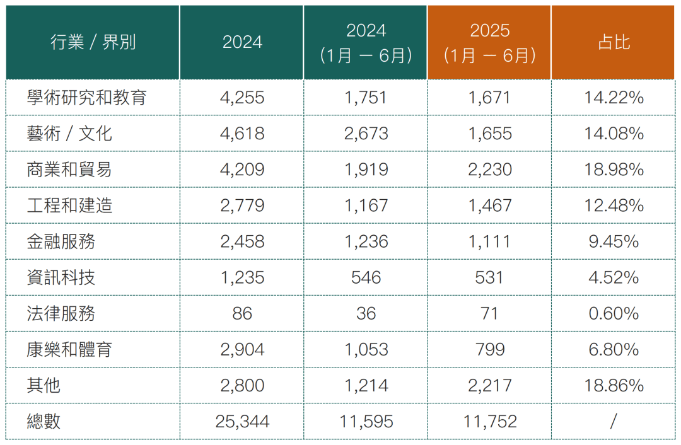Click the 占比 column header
(x=614, y=42)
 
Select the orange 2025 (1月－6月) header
(x=489, y=43)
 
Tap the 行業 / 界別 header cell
(x=93, y=42)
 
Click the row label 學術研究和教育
(x=86, y=97)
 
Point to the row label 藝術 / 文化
(x=69, y=133)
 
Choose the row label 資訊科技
(x=61, y=277)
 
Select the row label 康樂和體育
(x=69, y=349)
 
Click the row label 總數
(x=44, y=421)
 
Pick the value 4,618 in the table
(x=242, y=133)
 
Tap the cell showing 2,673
(x=366, y=133)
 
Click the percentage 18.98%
(x=614, y=170)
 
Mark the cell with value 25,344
(x=242, y=422)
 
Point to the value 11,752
(x=490, y=422)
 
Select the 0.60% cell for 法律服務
(x=614, y=313)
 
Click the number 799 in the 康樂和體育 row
(x=490, y=349)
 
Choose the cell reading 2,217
(x=490, y=386)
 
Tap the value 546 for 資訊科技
(x=366, y=277)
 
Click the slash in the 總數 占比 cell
(x=614, y=421)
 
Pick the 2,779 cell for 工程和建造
(x=242, y=205)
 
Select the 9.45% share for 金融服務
(x=614, y=241)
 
